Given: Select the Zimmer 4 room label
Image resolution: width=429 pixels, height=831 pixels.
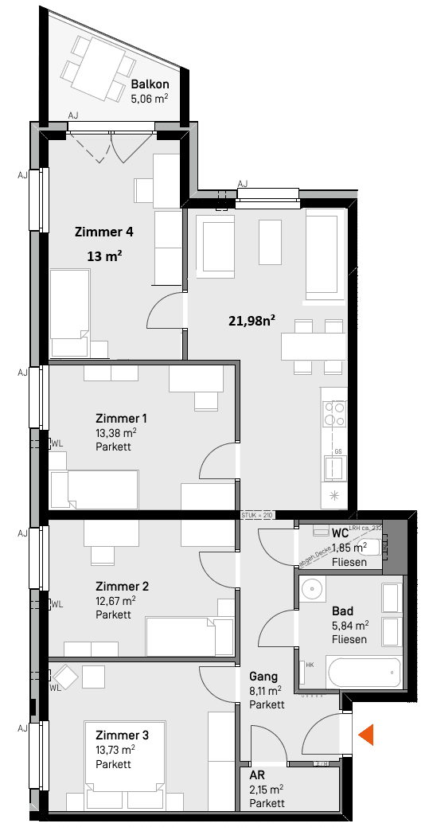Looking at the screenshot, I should tap(103, 232).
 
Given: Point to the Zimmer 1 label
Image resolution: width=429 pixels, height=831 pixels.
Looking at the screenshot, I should tap(121, 418).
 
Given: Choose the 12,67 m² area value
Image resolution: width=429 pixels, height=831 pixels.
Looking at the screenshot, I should tap(115, 601).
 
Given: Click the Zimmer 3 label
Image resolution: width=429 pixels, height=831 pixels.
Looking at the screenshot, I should tap(121, 735).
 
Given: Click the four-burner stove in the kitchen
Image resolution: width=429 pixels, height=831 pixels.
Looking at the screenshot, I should tap(334, 414).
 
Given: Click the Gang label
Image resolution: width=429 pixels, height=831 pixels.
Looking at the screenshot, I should tap(263, 676).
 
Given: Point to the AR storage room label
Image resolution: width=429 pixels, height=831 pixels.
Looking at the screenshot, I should tap(256, 774).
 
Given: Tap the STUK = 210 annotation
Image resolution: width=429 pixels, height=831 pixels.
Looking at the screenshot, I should tap(257, 516).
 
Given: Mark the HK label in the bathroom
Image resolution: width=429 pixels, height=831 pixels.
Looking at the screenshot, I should tap(310, 665).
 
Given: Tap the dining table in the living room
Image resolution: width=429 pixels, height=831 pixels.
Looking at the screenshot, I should tap(313, 345).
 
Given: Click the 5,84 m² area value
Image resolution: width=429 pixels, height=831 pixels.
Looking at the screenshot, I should tap(349, 626).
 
